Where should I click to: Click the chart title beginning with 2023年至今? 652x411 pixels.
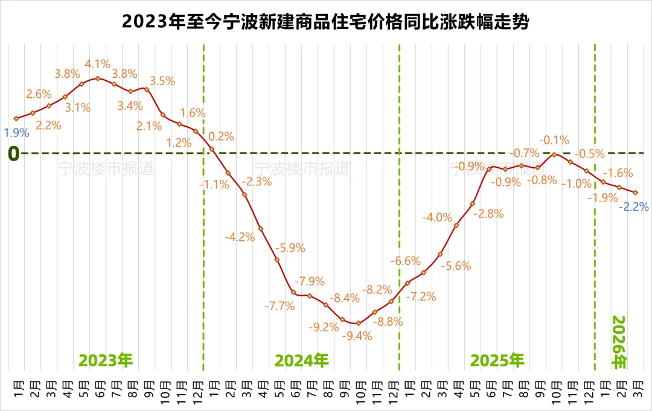[x=326, y=22]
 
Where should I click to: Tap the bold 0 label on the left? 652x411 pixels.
[x=13, y=154]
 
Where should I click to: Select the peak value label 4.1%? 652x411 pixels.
[x=97, y=64]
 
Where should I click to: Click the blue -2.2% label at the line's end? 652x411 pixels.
[x=634, y=207]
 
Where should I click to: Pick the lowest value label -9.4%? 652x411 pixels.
[x=358, y=337]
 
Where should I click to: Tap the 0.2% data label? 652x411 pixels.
[x=222, y=136]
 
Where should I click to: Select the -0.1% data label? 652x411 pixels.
[x=554, y=140]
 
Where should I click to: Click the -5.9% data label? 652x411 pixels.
[x=290, y=247]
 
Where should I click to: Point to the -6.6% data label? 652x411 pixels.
[x=405, y=261]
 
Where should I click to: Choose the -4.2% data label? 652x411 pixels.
[x=240, y=237]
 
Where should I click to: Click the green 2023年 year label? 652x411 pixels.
[x=106, y=361]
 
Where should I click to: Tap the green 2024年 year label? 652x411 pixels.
[x=302, y=361]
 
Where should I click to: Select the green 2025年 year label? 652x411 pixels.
[x=497, y=361]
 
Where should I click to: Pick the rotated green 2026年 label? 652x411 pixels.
[x=619, y=342]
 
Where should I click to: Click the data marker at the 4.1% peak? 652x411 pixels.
[x=97, y=78]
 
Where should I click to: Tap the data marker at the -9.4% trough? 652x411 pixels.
[x=358, y=323]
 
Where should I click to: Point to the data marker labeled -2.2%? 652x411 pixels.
[x=635, y=193]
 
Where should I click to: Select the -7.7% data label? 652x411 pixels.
[x=280, y=306]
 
